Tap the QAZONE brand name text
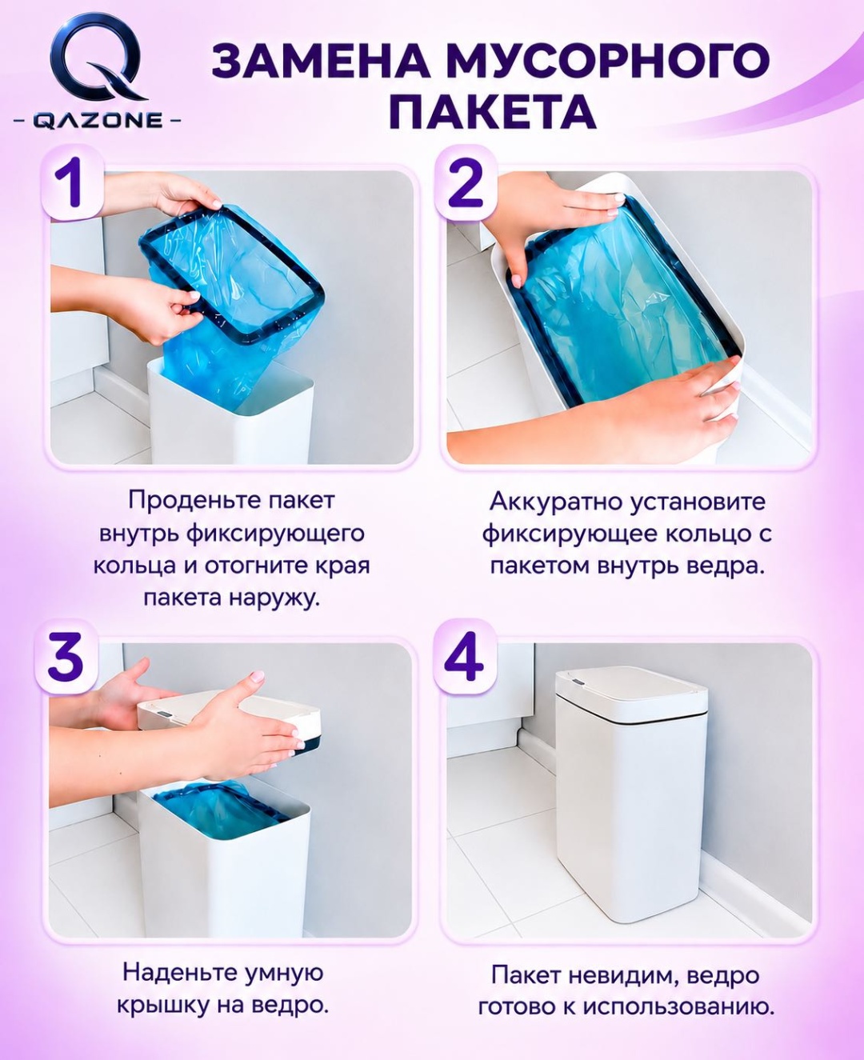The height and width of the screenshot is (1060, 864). point(98,121)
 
